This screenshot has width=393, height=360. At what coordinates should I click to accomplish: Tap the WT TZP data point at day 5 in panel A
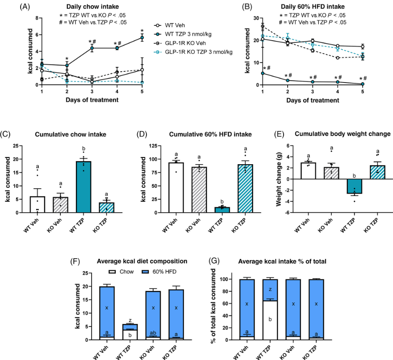coord(142,37)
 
